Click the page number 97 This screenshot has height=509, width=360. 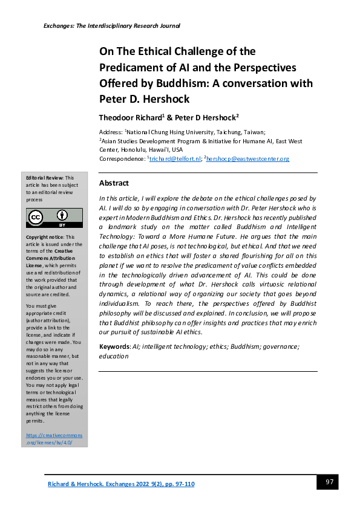pos(329,482)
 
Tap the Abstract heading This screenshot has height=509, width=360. pos(113,183)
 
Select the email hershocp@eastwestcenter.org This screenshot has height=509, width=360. pos(249,159)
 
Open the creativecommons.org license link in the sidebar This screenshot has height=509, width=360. pos(54,439)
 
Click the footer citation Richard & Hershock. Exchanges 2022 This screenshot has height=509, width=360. pos(121,484)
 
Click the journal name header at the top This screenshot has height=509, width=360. pos(112,26)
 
